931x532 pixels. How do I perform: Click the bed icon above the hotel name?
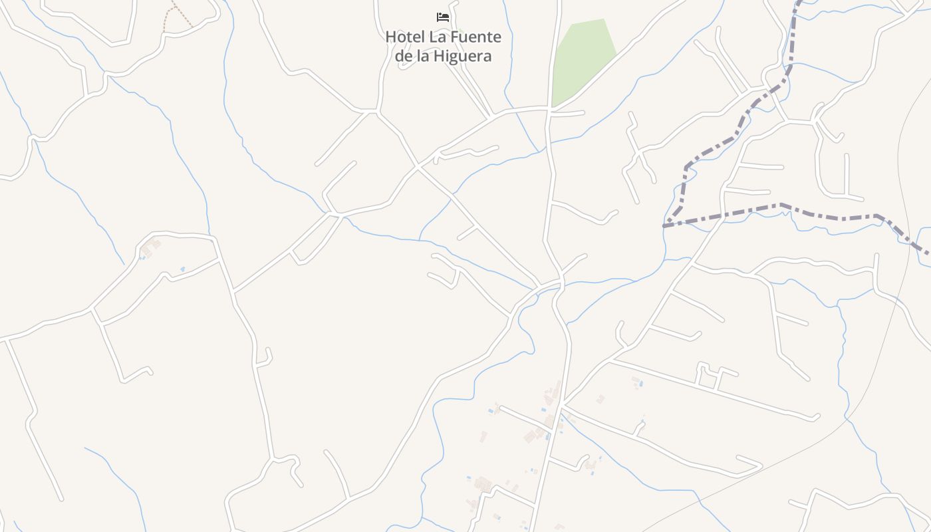pyautogui.click(x=443, y=17)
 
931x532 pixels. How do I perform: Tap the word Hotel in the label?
pyautogui.click(x=405, y=37)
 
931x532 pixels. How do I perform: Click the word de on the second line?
pyautogui.click(x=404, y=56)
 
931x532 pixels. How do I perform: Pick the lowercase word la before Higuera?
pyautogui.click(x=423, y=56)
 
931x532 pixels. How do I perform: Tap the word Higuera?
pyautogui.click(x=464, y=56)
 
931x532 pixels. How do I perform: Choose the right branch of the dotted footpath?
pyautogui.click(x=186, y=21)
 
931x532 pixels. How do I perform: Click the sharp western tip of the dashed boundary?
pyautogui.click(x=664, y=226)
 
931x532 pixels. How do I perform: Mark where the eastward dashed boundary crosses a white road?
pyautogui.click(x=723, y=214)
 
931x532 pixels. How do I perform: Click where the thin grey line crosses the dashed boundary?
pyautogui.click(x=910, y=245)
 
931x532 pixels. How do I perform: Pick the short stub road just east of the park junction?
pyautogui.click(x=569, y=114)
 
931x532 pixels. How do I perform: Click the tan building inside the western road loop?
pyautogui.click(x=150, y=247)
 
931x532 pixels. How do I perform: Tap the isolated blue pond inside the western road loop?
pyautogui.click(x=182, y=269)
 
